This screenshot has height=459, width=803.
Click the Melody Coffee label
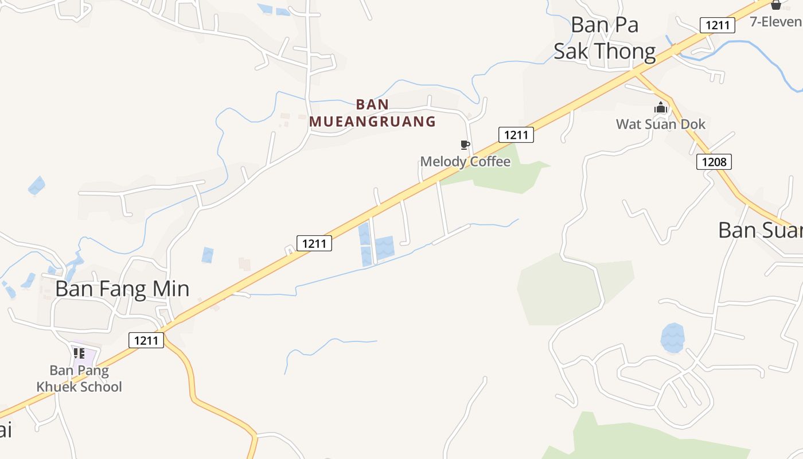(465, 161)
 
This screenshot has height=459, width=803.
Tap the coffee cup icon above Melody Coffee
(465, 145)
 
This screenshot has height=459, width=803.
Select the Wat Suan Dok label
(661, 124)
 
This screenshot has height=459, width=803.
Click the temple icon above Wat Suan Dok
(661, 107)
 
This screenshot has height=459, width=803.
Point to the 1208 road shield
(714, 162)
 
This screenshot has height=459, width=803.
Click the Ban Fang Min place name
(122, 289)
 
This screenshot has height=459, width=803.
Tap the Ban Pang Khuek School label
(79, 379)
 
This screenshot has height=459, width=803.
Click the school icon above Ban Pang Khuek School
(79, 353)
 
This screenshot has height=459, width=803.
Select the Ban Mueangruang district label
(373, 113)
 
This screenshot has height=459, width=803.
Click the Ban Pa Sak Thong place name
(605, 38)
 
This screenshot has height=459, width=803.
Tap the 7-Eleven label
(776, 22)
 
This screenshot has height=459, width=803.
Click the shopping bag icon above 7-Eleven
(776, 5)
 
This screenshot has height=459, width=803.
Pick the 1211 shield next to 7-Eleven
(718, 25)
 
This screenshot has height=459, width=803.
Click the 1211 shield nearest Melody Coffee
(516, 135)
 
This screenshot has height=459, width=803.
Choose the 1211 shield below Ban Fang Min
(146, 340)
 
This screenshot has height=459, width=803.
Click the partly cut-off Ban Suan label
(760, 230)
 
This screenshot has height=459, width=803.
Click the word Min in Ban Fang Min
(169, 289)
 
